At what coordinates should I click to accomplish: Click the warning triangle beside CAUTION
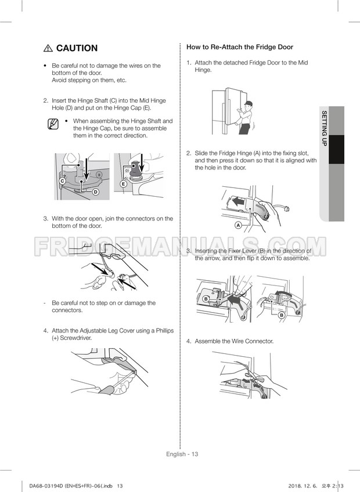coord(48,48)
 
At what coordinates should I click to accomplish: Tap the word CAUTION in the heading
coord(77,48)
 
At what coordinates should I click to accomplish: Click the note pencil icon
coord(53,124)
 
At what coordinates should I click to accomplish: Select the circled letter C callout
coord(63,181)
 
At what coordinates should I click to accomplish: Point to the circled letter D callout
coord(95,191)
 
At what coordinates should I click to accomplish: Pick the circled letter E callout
coord(124,184)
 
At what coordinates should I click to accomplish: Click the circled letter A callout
coord(238,225)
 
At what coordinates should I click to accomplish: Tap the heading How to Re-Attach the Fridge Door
coord(240,47)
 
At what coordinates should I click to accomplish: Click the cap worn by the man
coord(249,103)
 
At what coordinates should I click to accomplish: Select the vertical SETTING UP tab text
coord(324,128)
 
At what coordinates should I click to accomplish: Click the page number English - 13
coord(182,454)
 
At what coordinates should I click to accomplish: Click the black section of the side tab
coord(336,149)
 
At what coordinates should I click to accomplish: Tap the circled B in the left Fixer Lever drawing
coord(206,299)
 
